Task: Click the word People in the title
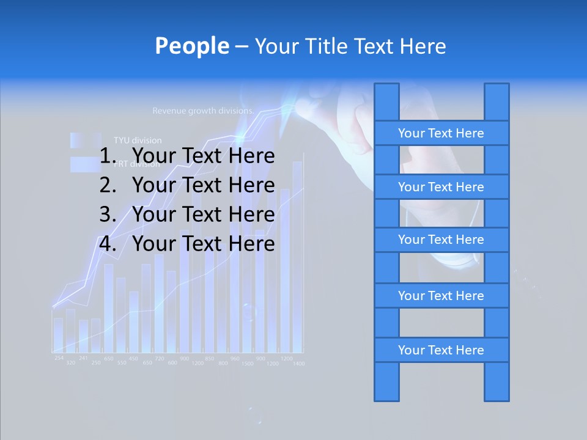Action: click(192, 46)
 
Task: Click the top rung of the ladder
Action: click(441, 133)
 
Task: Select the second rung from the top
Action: click(441, 187)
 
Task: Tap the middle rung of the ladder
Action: click(441, 240)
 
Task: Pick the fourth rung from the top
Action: click(441, 296)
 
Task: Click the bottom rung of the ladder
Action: click(441, 350)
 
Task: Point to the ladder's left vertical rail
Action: click(386, 382)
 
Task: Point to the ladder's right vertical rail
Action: click(497, 382)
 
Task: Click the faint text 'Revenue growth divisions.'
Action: click(203, 111)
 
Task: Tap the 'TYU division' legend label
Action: click(138, 140)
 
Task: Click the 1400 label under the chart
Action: click(298, 364)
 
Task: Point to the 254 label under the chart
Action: click(59, 358)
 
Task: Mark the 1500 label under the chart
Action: click(247, 364)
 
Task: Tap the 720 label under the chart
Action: click(159, 358)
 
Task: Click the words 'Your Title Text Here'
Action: click(350, 46)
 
